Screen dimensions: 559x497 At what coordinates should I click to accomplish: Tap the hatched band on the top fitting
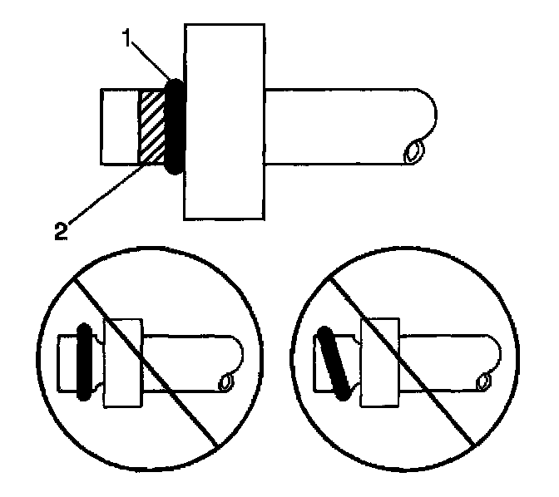[152, 126]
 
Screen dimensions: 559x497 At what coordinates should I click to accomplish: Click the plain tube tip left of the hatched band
[117, 126]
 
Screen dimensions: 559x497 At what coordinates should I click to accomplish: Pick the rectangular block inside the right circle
[378, 362]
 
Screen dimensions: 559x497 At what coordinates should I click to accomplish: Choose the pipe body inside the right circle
[449, 353]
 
